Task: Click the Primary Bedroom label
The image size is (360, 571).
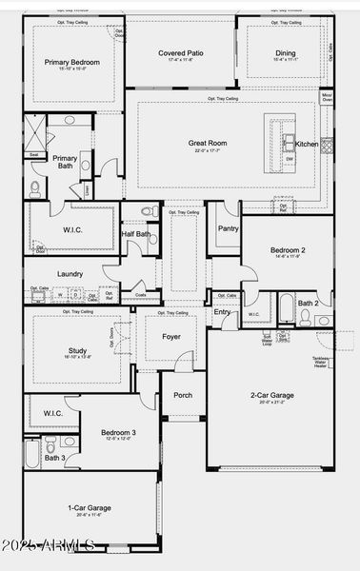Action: pos(70,62)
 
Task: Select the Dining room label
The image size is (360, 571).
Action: pos(285,54)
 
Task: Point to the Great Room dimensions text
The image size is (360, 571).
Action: pos(207,150)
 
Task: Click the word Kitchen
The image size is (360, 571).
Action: pos(307,144)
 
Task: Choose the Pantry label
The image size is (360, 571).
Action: pos(228,228)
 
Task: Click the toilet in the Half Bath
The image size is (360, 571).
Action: pos(150,211)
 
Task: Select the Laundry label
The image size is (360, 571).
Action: pos(70,274)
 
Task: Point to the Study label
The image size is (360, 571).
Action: pos(77,349)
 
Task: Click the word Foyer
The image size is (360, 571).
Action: pos(170,336)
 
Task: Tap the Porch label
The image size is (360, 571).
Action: pos(182,395)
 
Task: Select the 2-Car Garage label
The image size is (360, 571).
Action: pos(270,395)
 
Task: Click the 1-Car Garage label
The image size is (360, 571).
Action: pos(88,508)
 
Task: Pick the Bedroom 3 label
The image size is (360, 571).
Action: pos(118,433)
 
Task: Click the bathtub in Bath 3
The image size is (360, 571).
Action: pos(32,452)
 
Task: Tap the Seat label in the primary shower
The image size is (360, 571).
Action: pos(34,154)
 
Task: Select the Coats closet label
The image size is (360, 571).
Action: pos(140,295)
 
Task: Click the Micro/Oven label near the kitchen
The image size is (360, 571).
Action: pos(327,123)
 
